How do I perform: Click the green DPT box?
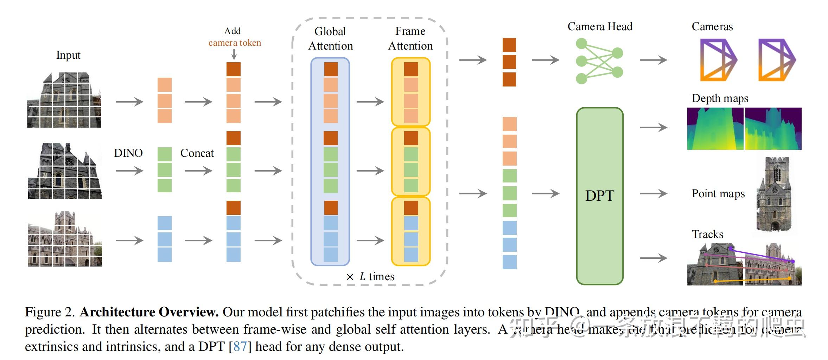(599, 196)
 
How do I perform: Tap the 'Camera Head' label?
(600, 27)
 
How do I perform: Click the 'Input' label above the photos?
(68, 55)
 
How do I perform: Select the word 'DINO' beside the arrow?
(128, 153)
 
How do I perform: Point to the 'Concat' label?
(197, 153)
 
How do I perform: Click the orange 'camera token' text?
(235, 43)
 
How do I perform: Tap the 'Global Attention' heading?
(330, 38)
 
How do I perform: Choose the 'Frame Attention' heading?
(410, 38)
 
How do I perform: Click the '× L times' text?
(370, 277)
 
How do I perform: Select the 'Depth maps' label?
(720, 98)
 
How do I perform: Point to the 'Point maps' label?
(718, 194)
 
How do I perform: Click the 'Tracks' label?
(707, 234)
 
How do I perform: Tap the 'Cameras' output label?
(712, 27)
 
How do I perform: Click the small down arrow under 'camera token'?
(234, 54)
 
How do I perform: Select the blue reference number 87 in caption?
(240, 347)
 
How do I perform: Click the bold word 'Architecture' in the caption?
(117, 312)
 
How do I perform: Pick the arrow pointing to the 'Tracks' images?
(653, 258)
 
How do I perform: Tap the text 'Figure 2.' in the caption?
(50, 312)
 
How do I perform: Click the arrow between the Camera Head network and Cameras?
(653, 60)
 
